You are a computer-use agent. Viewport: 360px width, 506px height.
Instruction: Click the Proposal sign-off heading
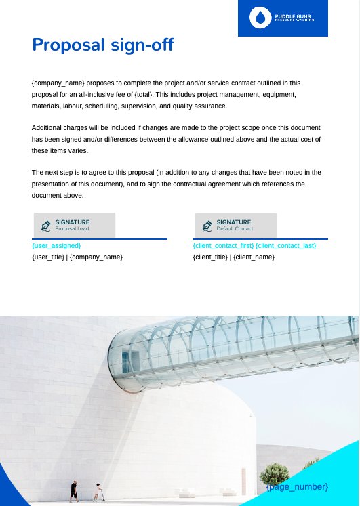pos(102,45)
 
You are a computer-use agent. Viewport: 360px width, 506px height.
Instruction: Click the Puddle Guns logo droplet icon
pos(259,18)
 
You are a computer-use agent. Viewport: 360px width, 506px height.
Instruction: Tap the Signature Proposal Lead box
pos(75,225)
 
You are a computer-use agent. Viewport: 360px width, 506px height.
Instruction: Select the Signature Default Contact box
pos(236,225)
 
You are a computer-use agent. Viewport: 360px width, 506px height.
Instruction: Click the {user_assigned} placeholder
pos(56,245)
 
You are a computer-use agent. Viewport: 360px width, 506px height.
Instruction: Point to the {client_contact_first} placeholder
pos(223,245)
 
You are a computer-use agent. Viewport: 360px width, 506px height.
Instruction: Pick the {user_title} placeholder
pos(47,257)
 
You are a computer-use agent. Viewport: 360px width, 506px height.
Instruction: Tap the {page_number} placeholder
pos(297,487)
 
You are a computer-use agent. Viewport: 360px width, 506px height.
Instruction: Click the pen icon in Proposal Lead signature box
pos(46,225)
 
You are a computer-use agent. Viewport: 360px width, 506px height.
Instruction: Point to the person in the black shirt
pos(74,491)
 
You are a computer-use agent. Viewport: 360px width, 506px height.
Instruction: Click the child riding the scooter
pos(98,492)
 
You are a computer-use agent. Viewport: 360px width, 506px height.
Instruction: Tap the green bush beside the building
pos(274,472)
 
